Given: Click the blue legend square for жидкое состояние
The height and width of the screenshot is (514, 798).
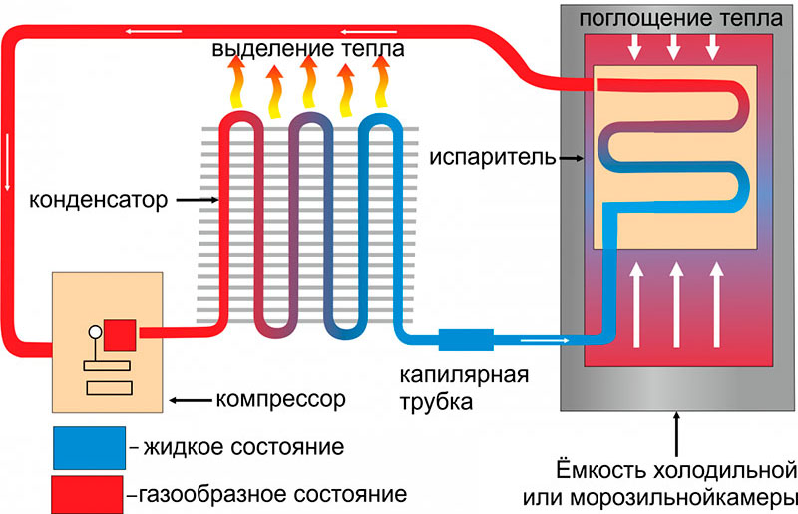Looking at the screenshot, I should pos(87,446).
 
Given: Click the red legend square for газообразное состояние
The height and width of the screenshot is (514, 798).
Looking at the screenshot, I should pos(87,492).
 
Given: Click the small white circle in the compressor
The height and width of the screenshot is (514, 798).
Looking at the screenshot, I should pos(96,332).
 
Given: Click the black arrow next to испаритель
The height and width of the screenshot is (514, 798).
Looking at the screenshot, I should pos(572,158).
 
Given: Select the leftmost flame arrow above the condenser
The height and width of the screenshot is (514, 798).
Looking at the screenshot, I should pos(236,82).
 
